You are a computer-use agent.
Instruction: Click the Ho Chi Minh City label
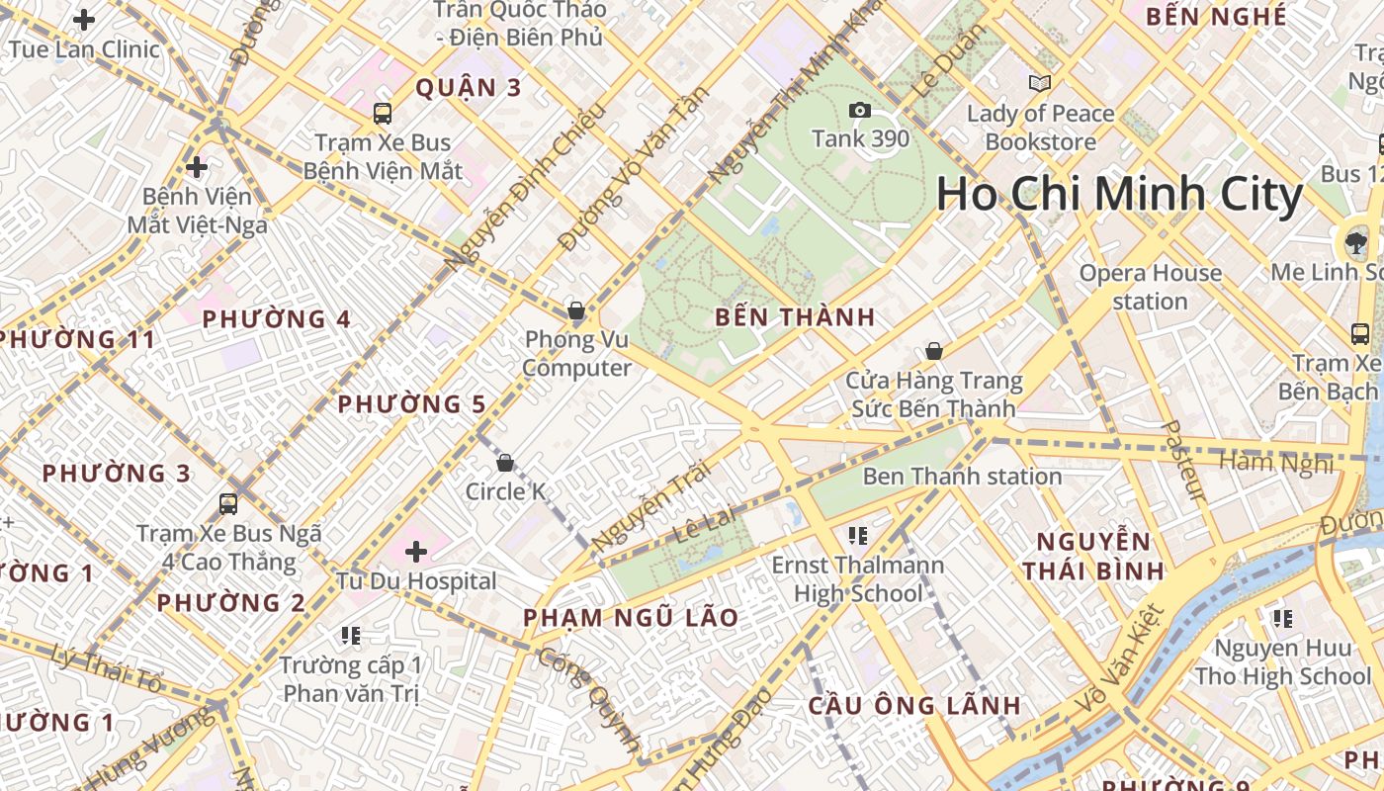coord(1119,194)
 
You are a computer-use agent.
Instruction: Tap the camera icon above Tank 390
coord(860,110)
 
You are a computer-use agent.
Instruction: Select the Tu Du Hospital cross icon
coord(416,551)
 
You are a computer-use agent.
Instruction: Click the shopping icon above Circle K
coord(505,462)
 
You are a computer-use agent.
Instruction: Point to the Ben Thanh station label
coord(962,477)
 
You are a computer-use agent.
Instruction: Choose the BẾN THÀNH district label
coord(795,317)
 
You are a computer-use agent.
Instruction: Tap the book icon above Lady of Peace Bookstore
coord(1039,84)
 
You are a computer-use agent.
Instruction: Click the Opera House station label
coord(1150,287)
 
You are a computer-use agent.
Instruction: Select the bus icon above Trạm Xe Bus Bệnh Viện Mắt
coord(383,113)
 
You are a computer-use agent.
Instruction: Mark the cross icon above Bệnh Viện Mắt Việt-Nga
coord(197,166)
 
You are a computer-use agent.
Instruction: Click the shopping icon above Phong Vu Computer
coord(576,310)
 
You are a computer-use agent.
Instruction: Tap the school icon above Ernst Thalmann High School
coord(858,536)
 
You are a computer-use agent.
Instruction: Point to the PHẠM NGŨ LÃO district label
coord(631,618)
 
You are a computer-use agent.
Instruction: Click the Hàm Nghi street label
coord(1275,462)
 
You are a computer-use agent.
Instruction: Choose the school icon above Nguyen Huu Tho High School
coord(1282,619)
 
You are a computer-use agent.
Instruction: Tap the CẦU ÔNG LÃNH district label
coord(913,706)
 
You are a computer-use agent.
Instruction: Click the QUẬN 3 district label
coord(468,88)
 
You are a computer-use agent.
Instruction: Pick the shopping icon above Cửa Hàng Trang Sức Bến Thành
coord(933,351)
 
